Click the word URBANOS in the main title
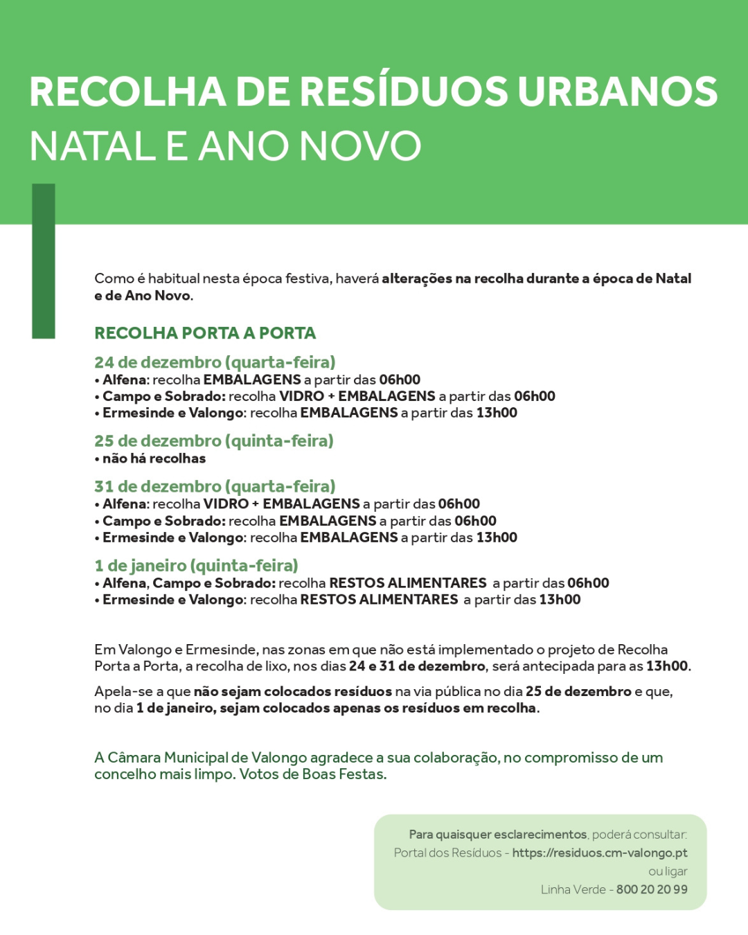[618, 91]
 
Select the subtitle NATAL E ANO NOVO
[225, 146]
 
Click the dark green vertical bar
[44, 261]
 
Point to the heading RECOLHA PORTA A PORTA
[205, 333]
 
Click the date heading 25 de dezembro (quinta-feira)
[214, 441]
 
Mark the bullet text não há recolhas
[154, 458]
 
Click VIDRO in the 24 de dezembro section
[301, 396]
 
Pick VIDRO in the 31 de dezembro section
[226, 504]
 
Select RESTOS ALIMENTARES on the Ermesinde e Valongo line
[379, 600]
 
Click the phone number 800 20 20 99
[652, 889]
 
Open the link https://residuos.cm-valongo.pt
[600, 853]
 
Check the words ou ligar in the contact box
[668, 871]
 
